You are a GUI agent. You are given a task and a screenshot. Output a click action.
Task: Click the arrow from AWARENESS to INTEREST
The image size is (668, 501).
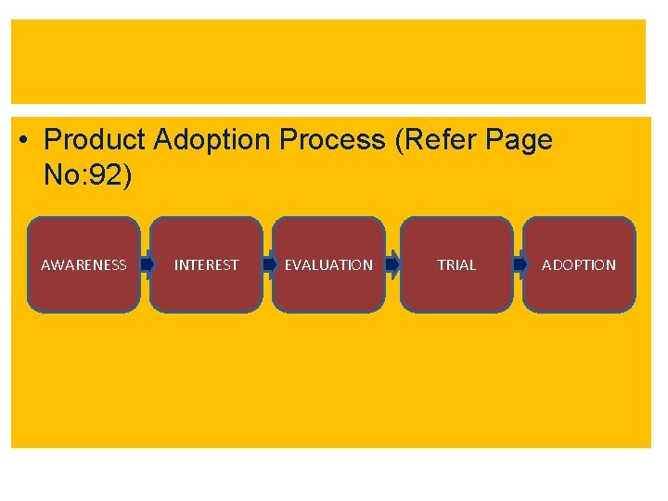146,265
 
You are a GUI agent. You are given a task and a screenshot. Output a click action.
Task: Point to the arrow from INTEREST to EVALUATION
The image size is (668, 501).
268,265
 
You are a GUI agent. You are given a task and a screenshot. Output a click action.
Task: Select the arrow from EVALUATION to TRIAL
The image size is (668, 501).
392,265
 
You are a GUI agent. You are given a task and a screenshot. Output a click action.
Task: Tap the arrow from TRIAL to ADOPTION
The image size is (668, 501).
519,265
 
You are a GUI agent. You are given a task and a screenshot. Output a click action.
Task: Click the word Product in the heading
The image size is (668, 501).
95,140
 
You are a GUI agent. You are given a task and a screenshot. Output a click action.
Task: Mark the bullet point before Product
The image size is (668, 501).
23,141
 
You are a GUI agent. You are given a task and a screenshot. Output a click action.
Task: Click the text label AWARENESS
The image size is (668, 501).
83,265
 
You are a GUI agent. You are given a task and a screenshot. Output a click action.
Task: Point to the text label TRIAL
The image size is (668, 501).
456,265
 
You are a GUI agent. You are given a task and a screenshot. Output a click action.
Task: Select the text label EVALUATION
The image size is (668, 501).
328,265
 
